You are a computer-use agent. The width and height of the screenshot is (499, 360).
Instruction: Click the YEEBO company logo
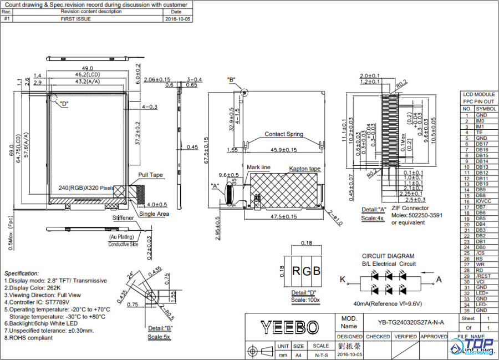click(289, 327)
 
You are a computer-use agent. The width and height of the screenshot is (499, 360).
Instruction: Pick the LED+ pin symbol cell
click(481, 293)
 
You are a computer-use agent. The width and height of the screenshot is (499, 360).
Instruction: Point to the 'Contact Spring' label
click(283, 134)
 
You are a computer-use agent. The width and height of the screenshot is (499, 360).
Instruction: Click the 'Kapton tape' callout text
click(304, 169)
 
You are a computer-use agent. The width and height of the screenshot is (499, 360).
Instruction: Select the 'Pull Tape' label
click(151, 175)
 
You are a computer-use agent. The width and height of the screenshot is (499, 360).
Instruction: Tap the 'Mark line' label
click(259, 167)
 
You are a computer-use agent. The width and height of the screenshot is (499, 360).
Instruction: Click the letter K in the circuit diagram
click(342, 279)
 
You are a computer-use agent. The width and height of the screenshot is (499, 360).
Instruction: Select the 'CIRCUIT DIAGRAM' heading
click(388, 256)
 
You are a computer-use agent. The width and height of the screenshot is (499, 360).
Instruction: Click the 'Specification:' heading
click(22, 273)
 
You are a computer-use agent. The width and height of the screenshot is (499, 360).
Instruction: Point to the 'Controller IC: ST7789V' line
click(37, 302)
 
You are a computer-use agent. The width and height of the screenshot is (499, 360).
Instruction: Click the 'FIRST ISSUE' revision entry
click(75, 18)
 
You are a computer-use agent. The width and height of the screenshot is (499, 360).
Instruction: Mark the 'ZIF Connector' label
click(410, 209)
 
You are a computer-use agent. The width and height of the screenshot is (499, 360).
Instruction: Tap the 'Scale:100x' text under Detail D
click(305, 300)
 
